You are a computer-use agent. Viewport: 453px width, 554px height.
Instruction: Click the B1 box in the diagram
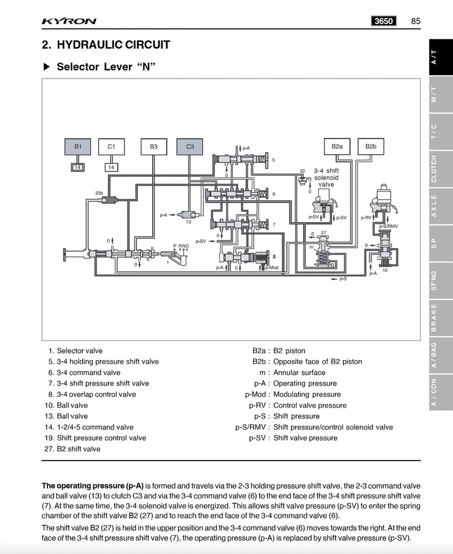click(78, 147)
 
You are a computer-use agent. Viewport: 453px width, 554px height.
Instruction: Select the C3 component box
click(190, 147)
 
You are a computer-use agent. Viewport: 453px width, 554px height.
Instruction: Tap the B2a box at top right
click(337, 147)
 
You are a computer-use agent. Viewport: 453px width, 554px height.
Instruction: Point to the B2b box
click(371, 147)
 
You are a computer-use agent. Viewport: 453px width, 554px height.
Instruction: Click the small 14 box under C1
click(111, 167)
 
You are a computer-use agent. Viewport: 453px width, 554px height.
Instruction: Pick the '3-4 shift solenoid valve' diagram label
click(326, 177)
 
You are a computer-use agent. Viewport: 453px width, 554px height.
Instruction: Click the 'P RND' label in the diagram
click(181, 246)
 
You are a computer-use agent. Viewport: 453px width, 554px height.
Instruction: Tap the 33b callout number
click(99, 192)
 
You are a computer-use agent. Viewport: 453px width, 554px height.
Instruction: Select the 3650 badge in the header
click(384, 21)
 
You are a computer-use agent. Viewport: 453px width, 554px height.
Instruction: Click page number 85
click(416, 21)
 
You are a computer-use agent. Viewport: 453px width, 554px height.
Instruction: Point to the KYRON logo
click(69, 22)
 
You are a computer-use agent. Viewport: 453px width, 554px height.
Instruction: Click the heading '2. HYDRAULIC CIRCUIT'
click(106, 45)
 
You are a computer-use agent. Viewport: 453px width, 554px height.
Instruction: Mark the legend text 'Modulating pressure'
click(307, 395)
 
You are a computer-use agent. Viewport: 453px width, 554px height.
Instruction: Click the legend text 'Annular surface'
click(299, 373)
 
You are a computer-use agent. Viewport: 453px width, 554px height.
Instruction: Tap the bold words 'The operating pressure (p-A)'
click(92, 485)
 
